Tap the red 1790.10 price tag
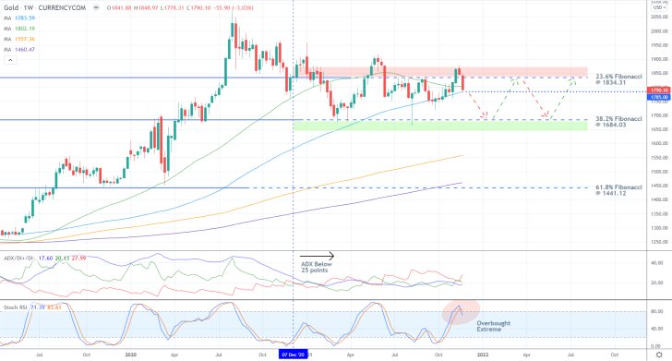pyautogui.click(x=659, y=89)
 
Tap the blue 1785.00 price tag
pyautogui.click(x=659, y=96)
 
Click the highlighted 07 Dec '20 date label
pyautogui.click(x=294, y=354)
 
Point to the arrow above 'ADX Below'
pyautogui.click(x=317, y=256)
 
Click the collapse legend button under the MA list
pyautogui.click(x=9, y=61)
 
